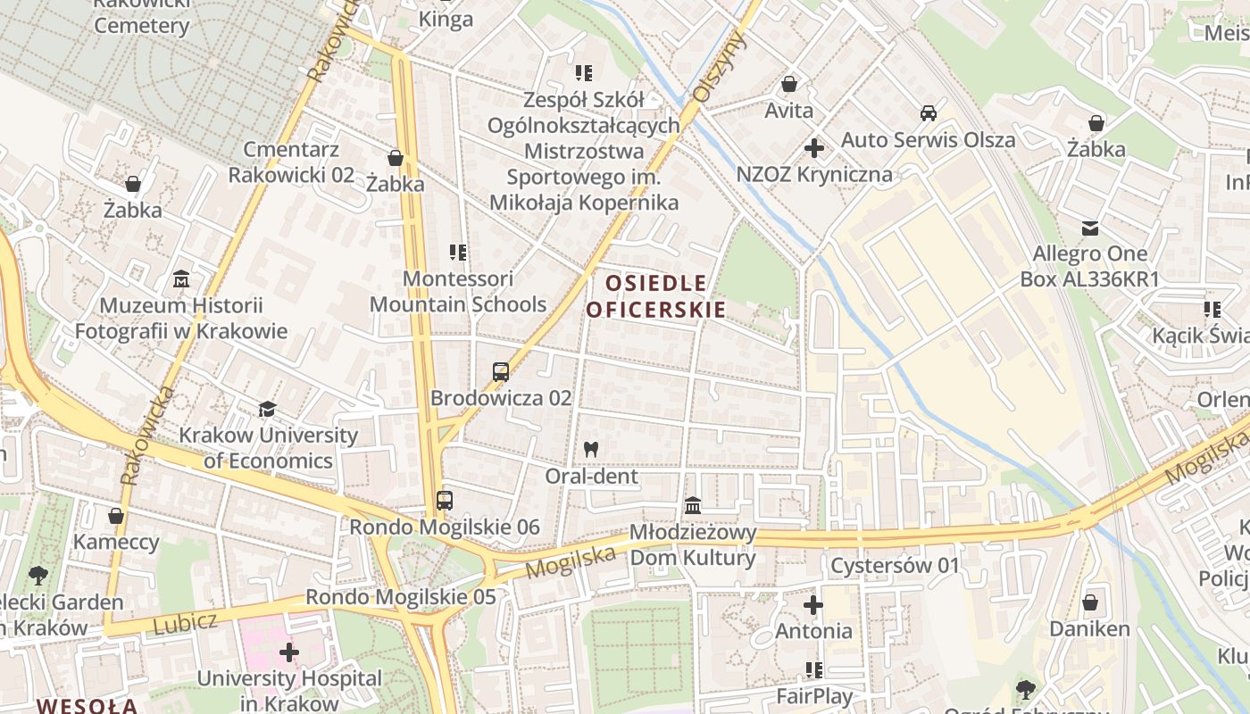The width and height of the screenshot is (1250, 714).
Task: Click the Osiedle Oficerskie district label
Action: point(655,296)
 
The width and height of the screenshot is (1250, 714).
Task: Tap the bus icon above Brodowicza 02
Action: point(501,372)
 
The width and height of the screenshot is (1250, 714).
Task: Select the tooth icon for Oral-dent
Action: point(590,450)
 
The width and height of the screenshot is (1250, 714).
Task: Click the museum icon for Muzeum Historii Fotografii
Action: point(181,279)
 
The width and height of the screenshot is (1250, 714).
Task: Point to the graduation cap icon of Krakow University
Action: point(267,410)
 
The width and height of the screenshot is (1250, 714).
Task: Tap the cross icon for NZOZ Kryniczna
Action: point(813,147)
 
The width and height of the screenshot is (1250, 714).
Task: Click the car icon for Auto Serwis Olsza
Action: point(929,113)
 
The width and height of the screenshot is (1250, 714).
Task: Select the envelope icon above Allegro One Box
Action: point(1089,228)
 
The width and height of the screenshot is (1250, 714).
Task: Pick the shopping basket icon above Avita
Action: point(788,85)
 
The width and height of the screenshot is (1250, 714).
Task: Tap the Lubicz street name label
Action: point(185,623)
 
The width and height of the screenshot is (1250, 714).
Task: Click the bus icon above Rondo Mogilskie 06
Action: point(444,501)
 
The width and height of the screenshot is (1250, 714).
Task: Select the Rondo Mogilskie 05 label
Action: point(400,596)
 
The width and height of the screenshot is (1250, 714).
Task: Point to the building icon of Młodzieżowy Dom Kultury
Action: point(693,506)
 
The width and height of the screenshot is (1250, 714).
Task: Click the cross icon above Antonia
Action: point(812,605)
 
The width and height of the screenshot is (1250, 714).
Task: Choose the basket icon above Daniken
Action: point(1089,602)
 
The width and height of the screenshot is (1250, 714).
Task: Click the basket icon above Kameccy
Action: point(115,516)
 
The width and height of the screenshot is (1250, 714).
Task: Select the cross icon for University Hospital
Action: point(289,652)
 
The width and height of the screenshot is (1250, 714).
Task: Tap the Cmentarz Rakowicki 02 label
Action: point(291,162)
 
